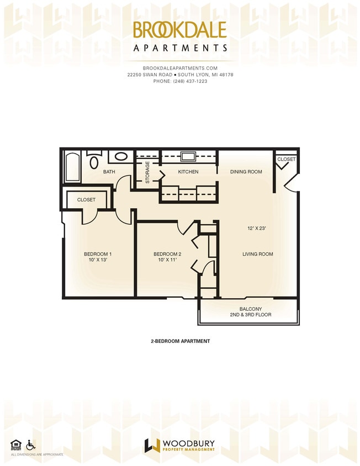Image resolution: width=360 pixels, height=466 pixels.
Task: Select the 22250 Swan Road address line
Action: point(180,75)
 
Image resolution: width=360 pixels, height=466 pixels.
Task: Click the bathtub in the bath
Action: point(72,167)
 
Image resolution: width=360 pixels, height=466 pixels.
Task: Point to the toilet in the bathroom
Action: point(94,162)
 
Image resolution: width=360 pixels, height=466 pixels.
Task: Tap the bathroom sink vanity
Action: point(120,157)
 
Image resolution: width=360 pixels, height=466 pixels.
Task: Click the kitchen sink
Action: point(188,156)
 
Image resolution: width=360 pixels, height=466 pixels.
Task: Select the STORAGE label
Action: point(147,172)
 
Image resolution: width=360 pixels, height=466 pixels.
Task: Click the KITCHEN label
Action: point(188,172)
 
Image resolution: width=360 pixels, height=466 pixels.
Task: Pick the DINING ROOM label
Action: point(246,172)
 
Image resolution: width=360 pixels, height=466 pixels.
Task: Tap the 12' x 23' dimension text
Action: point(257,227)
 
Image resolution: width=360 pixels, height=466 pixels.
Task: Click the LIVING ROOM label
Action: point(257,254)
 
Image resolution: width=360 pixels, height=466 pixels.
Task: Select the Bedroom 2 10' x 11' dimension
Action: point(167,260)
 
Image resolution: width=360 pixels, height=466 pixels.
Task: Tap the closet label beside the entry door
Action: point(286,159)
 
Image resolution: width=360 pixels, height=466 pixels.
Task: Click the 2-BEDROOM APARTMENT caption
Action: point(180,341)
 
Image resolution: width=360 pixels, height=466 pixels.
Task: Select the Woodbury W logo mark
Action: point(152,445)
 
